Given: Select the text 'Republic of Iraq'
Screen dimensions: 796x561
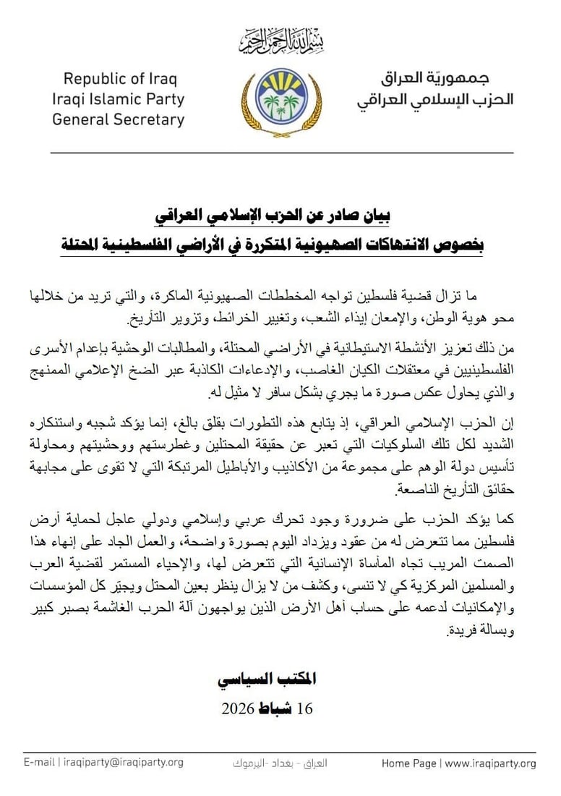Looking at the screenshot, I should (120, 79).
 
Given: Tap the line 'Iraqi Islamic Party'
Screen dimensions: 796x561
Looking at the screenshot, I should (118, 99).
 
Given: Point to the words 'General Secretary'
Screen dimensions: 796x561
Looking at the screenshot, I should (118, 119).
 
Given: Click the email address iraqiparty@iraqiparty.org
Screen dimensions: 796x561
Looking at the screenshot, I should (124, 763).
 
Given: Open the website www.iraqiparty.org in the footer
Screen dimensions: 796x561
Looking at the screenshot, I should (490, 763).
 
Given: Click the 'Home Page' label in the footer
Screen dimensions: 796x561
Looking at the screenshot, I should (408, 763).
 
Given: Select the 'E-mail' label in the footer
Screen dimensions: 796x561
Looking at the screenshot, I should (40, 763).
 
